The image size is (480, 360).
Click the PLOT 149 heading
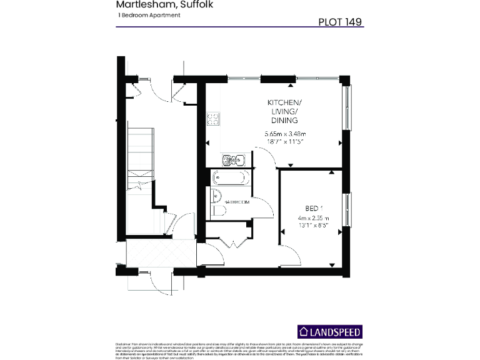[340, 21]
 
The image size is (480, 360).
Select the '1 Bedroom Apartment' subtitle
[148, 15]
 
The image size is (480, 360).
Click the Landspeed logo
[329, 331]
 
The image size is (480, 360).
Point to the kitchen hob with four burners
[213, 118]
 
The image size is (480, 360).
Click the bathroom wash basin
[216, 194]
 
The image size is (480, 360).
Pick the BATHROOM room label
[237, 202]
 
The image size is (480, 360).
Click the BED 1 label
[313, 208]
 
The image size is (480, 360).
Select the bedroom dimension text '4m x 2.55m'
[313, 218]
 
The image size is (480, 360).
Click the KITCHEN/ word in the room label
[284, 102]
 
